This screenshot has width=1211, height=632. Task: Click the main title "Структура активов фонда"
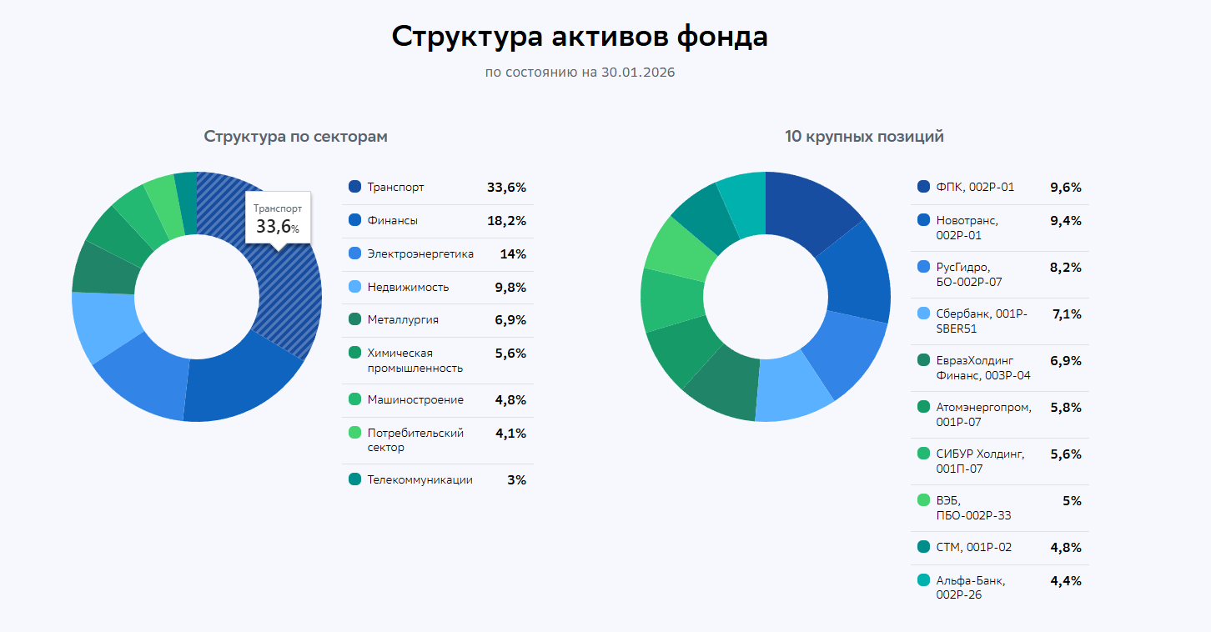point(580,38)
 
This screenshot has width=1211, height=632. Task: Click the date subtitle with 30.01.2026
point(580,73)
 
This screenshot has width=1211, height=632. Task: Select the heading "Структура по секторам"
point(295,137)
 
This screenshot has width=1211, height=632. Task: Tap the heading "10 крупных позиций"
point(864,137)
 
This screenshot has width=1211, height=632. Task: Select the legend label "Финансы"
point(392,221)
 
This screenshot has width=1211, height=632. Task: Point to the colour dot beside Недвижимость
point(354,287)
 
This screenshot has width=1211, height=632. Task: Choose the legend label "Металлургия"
point(402,320)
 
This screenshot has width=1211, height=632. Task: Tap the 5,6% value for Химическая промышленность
point(510,354)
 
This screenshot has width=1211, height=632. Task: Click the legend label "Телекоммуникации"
point(420,480)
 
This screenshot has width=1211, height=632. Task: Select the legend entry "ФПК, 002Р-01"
point(975,188)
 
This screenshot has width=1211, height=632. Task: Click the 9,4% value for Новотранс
point(1065,221)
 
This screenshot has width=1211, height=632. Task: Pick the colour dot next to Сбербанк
point(923,314)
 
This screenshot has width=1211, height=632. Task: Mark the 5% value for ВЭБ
point(1071,501)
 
